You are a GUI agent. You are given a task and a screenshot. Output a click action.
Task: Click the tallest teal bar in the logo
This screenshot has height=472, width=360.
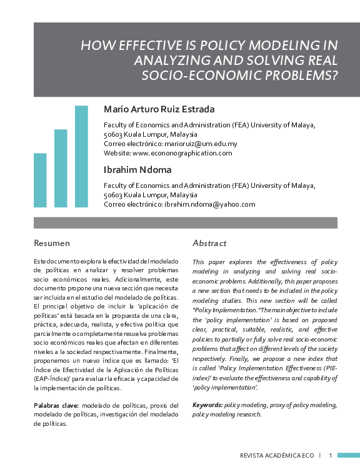coord(81,156)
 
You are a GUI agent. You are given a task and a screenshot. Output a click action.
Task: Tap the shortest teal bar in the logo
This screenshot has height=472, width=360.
coord(40,180)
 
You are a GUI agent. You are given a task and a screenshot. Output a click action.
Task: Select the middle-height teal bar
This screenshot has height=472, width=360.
coord(61,168)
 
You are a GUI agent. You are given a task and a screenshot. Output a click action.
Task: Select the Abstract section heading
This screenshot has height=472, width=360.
coord(209,243)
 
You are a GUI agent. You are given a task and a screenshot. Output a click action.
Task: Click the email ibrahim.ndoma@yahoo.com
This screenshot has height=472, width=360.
coord(210,204)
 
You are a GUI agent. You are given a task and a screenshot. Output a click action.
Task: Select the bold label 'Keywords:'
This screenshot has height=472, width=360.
coord(208,405)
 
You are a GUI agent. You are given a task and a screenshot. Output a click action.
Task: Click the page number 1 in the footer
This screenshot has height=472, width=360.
coord(330,456)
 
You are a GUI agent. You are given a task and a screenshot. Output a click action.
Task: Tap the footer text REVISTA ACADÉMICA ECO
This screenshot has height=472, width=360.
coord(277,456)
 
